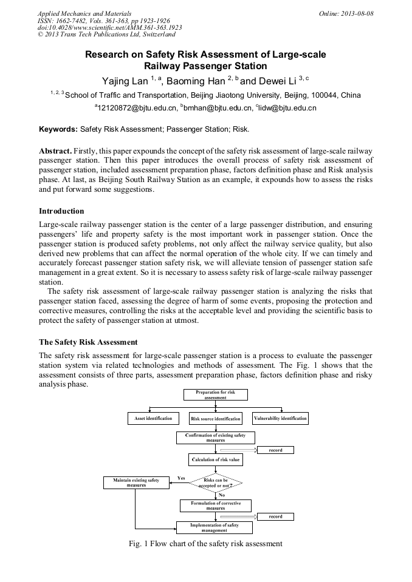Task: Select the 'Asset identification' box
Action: [x=153, y=418]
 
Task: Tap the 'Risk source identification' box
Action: [x=215, y=419]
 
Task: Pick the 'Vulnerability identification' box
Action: [x=280, y=418]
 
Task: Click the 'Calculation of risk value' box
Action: [x=215, y=459]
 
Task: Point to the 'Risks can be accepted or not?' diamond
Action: [x=215, y=483]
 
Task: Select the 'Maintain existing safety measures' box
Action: [x=136, y=483]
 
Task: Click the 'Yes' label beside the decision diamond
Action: [x=180, y=478]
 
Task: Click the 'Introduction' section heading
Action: [x=61, y=211]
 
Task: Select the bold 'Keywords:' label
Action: [x=58, y=129]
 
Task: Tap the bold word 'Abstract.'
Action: [x=56, y=150]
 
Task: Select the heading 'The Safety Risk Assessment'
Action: [x=88, y=342]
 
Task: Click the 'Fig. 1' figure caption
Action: [x=205, y=544]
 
